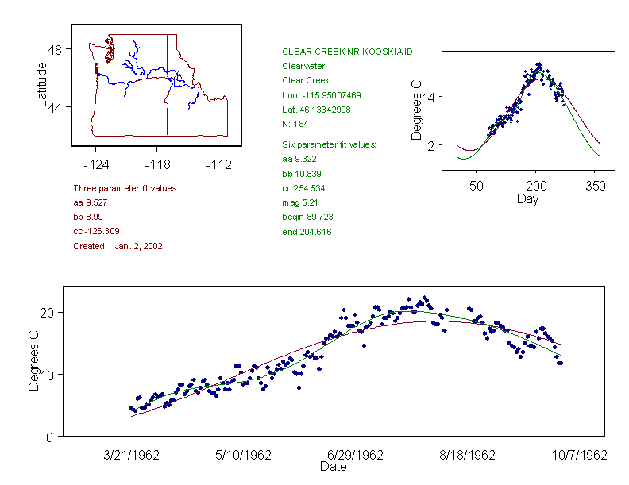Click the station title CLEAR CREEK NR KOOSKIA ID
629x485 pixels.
coord(347,52)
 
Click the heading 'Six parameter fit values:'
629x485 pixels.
coord(329,144)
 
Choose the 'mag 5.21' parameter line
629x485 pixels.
coord(299,202)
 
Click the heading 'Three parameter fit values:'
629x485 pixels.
coord(125,188)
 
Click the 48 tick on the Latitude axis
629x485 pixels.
coord(55,49)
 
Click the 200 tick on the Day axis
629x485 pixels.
coord(536,185)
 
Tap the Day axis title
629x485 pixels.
coord(527,198)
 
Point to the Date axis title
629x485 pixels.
coord(333,467)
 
